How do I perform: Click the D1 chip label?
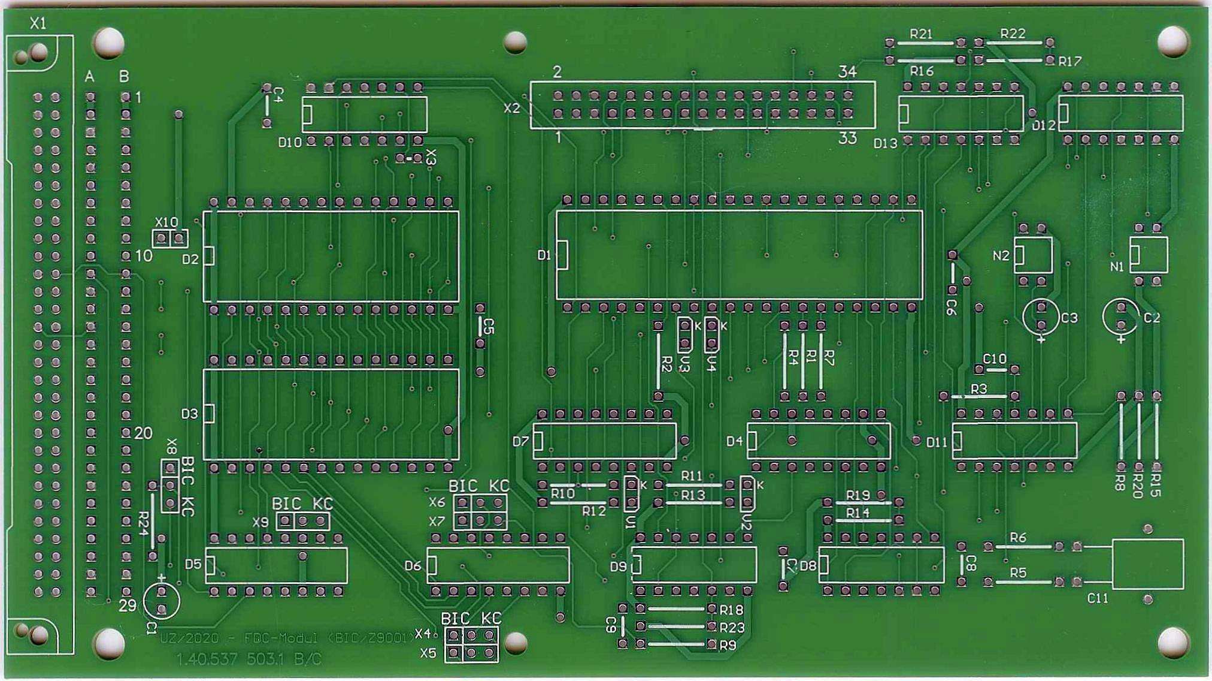point(544,255)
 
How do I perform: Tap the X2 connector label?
point(512,109)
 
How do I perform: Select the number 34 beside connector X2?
point(847,72)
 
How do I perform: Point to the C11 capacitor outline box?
point(1147,564)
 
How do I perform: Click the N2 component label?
point(1001,256)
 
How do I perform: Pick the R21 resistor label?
point(921,34)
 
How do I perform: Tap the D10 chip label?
point(290,143)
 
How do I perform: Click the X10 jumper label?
point(166,222)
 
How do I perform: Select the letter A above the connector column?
point(90,77)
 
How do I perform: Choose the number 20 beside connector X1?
point(143,433)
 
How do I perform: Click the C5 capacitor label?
point(489,327)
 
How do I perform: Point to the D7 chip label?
point(520,442)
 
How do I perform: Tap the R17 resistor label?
point(1069,61)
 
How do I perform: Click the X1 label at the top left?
point(38,23)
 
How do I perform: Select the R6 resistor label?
point(1018,538)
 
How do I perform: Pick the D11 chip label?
point(937,442)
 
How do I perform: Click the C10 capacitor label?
point(995,358)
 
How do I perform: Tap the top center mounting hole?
point(515,42)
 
